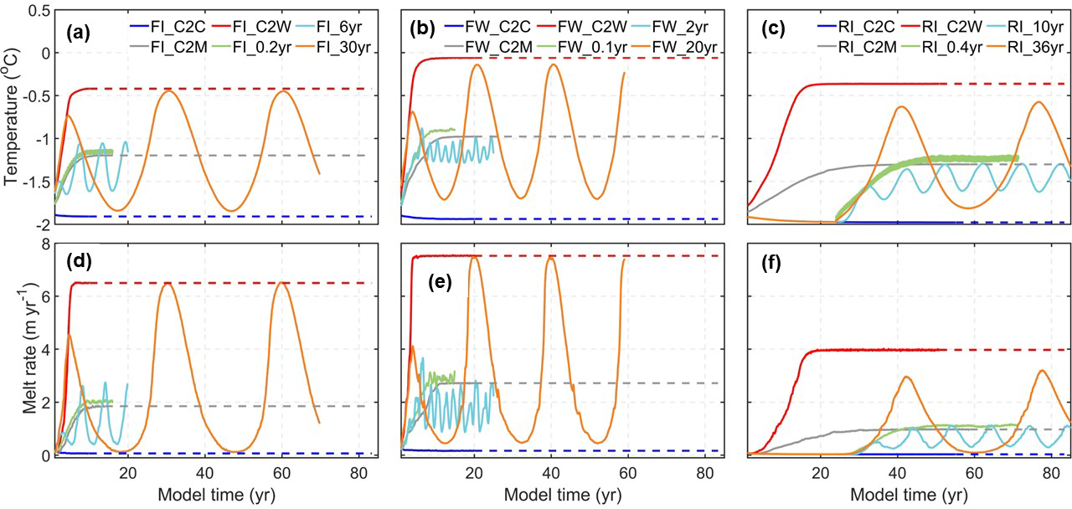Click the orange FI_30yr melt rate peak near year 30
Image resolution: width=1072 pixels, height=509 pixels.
pos(167,283)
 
